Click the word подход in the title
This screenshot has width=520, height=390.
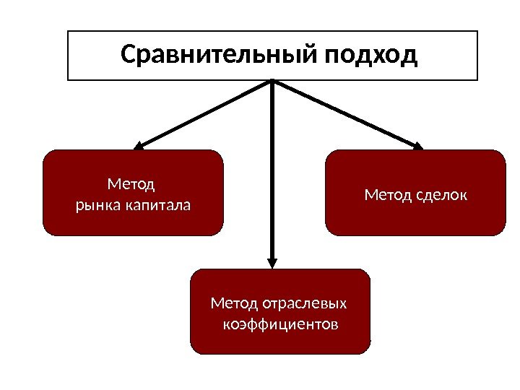coord(371,55)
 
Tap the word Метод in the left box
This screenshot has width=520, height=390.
coord(131,185)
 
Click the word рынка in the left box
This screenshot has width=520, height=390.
coord(98,206)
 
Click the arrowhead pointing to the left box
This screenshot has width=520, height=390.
coord(139,145)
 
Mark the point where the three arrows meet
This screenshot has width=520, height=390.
coord(273,82)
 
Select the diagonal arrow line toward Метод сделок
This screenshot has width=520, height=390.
coord(347,113)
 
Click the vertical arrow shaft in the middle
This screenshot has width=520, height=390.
coord(272,173)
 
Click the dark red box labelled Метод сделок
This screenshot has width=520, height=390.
coord(415,217)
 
